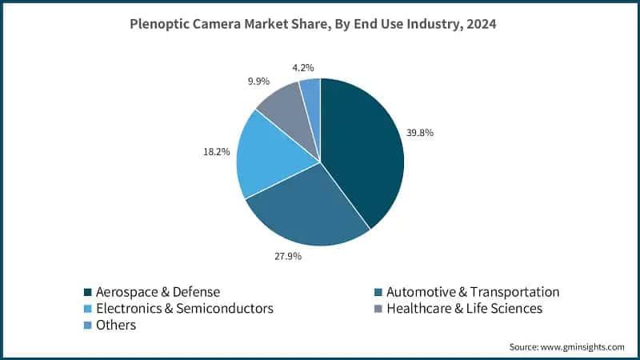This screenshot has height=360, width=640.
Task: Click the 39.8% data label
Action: pyautogui.click(x=419, y=133)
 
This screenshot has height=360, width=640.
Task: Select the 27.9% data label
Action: pyautogui.click(x=288, y=256)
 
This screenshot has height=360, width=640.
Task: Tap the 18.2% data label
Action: pyautogui.click(x=216, y=152)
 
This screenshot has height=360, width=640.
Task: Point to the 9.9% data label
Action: pyautogui.click(x=258, y=82)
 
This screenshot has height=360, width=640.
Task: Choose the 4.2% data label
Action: pyautogui.click(x=303, y=67)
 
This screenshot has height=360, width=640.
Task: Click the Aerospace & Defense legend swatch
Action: pyautogui.click(x=87, y=292)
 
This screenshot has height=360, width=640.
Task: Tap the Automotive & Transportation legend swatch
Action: pyautogui.click(x=378, y=292)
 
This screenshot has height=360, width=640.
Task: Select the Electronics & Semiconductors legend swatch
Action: pyautogui.click(x=87, y=309)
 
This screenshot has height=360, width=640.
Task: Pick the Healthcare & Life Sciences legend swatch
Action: pyautogui.click(x=378, y=309)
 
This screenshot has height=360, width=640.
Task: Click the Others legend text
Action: pyautogui.click(x=116, y=325)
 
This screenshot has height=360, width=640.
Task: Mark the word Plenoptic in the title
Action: pyautogui.click(x=159, y=24)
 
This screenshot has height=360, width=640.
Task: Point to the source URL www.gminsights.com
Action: pyautogui.click(x=582, y=347)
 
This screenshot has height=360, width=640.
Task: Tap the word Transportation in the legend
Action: pyautogui.click(x=514, y=292)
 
